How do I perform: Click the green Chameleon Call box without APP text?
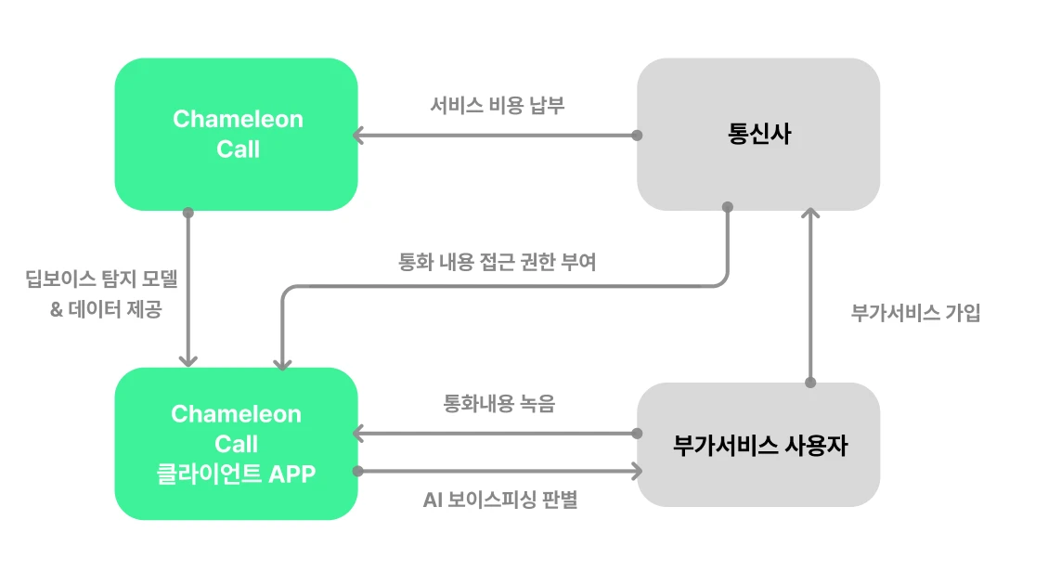coord(236,134)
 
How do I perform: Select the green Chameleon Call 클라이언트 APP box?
coord(236,443)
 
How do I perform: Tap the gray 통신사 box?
coord(758,134)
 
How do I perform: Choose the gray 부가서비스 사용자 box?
coord(758,444)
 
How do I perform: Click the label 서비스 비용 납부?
coord(497,106)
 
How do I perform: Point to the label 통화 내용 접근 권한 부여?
coord(497,263)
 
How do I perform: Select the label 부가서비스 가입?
coord(915,313)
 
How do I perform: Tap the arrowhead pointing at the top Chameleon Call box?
coord(357,136)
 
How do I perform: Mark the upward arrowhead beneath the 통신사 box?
coord(810,214)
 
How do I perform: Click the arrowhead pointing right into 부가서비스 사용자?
coord(637,472)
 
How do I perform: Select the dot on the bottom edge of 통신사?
coord(727,206)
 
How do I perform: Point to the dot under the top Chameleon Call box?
coord(188,213)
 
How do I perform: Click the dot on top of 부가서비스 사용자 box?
coord(810,383)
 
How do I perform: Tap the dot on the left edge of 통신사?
coord(637,136)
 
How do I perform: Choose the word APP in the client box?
coord(291,474)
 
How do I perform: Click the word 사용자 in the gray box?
coord(817,445)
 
